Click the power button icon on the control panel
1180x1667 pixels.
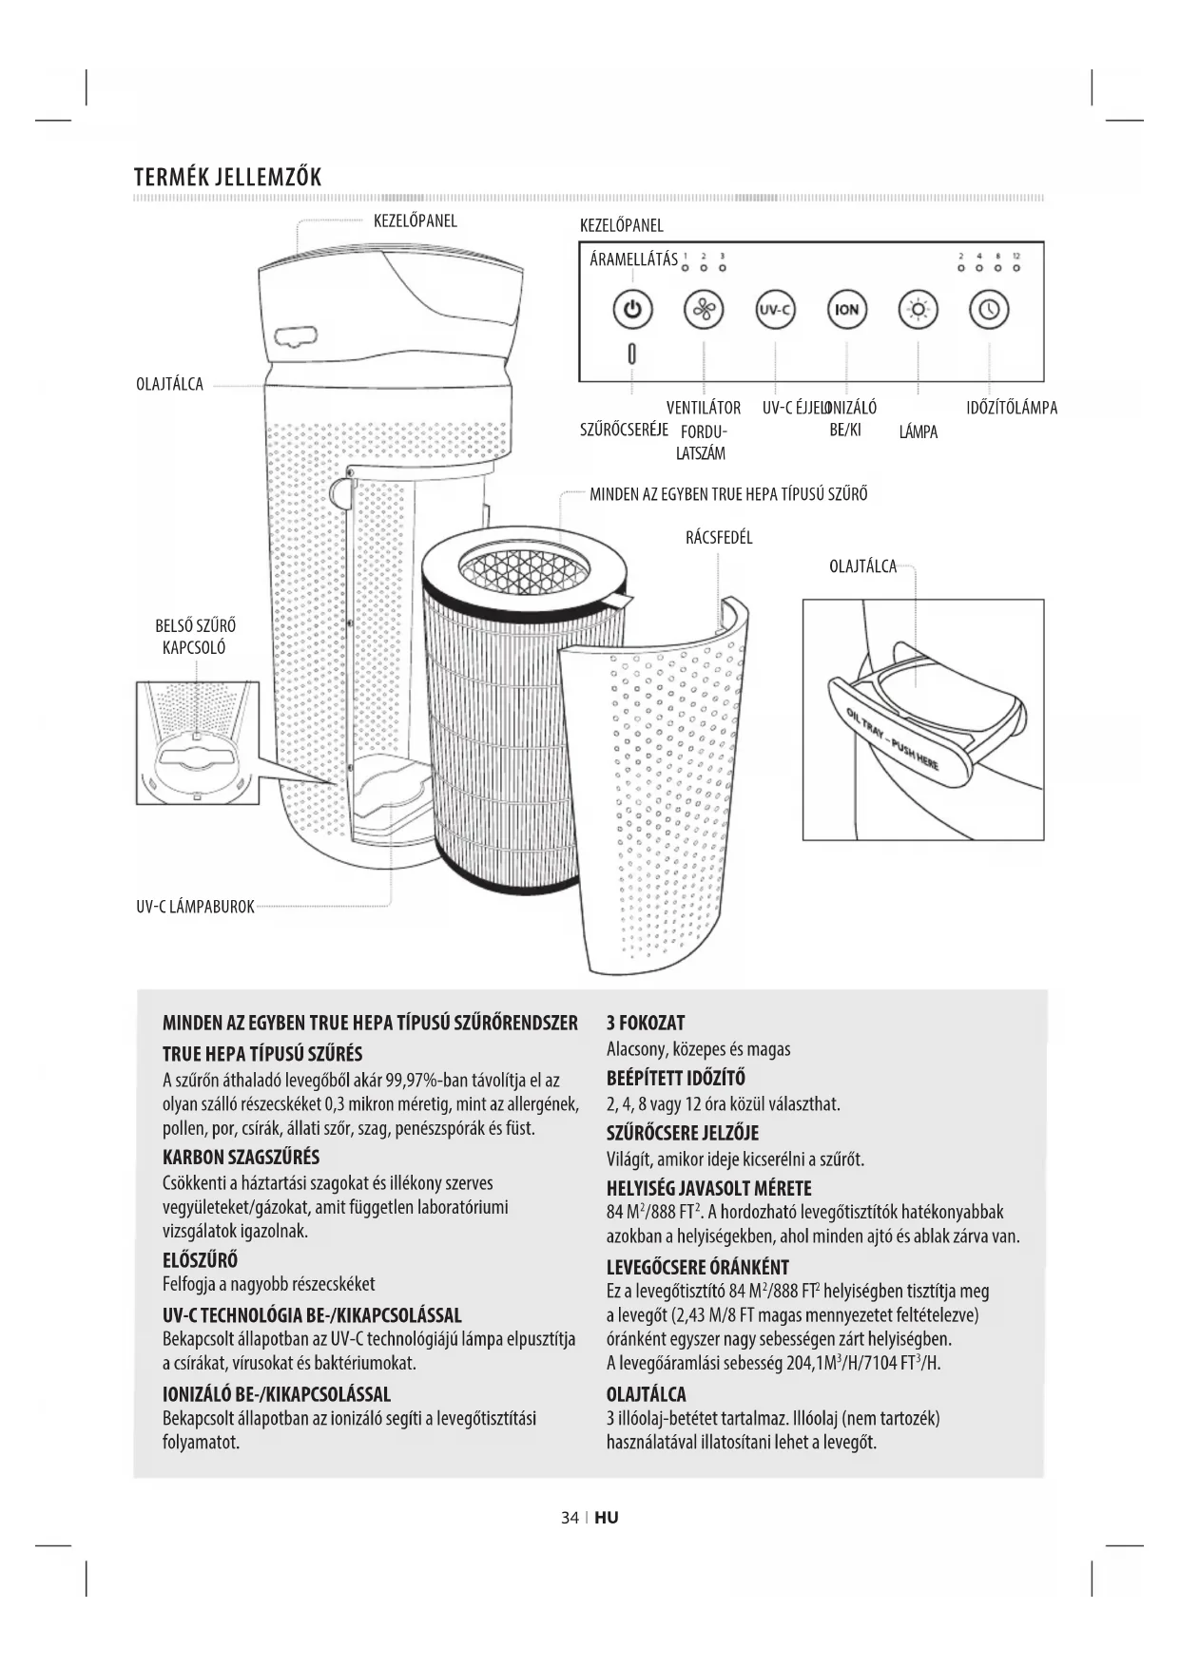tap(633, 310)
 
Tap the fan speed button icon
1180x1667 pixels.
tap(704, 310)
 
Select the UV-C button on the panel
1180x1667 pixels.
tap(775, 310)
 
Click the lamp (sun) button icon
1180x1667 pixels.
tap(918, 310)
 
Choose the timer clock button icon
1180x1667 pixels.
tap(989, 310)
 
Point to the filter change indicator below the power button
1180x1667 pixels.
tap(633, 354)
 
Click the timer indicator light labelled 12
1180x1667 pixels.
tap(1016, 267)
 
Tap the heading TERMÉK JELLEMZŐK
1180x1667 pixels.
tap(228, 177)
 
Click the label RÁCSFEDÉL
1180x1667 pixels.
tap(719, 538)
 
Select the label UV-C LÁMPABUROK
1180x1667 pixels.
tap(195, 907)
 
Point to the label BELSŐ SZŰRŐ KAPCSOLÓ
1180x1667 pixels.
tap(196, 637)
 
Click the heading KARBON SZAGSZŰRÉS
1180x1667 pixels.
tap(241, 1158)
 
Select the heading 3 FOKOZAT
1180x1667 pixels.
tap(646, 1024)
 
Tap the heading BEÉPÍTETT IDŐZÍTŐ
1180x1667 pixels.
tap(676, 1079)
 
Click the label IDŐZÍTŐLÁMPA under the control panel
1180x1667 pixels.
tap(1012, 409)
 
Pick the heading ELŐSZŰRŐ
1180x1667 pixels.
tap(200, 1261)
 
